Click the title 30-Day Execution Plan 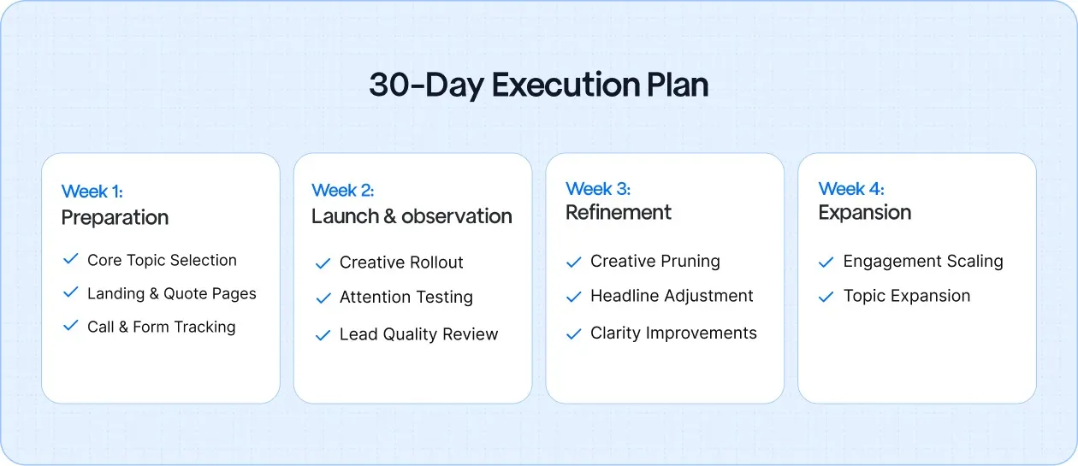pyautogui.click(x=538, y=86)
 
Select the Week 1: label pyautogui.click(x=92, y=192)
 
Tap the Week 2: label pyautogui.click(x=342, y=190)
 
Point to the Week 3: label pyautogui.click(x=597, y=188)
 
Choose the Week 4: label pyautogui.click(x=850, y=188)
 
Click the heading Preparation pyautogui.click(x=115, y=217)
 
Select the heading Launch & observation pyautogui.click(x=412, y=216)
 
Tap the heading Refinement pyautogui.click(x=619, y=212)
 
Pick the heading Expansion pyautogui.click(x=864, y=212)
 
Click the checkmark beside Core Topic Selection pyautogui.click(x=71, y=259)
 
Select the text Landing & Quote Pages pyautogui.click(x=171, y=293)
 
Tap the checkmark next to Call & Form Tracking pyautogui.click(x=71, y=326)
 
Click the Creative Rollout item pyautogui.click(x=401, y=262)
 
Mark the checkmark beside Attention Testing pyautogui.click(x=323, y=298)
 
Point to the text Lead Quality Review pyautogui.click(x=418, y=334)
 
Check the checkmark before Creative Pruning pyautogui.click(x=574, y=262)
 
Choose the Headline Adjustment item pyautogui.click(x=672, y=296)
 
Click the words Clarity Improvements pyautogui.click(x=673, y=333)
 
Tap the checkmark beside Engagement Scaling pyautogui.click(x=826, y=262)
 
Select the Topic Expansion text pyautogui.click(x=907, y=296)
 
